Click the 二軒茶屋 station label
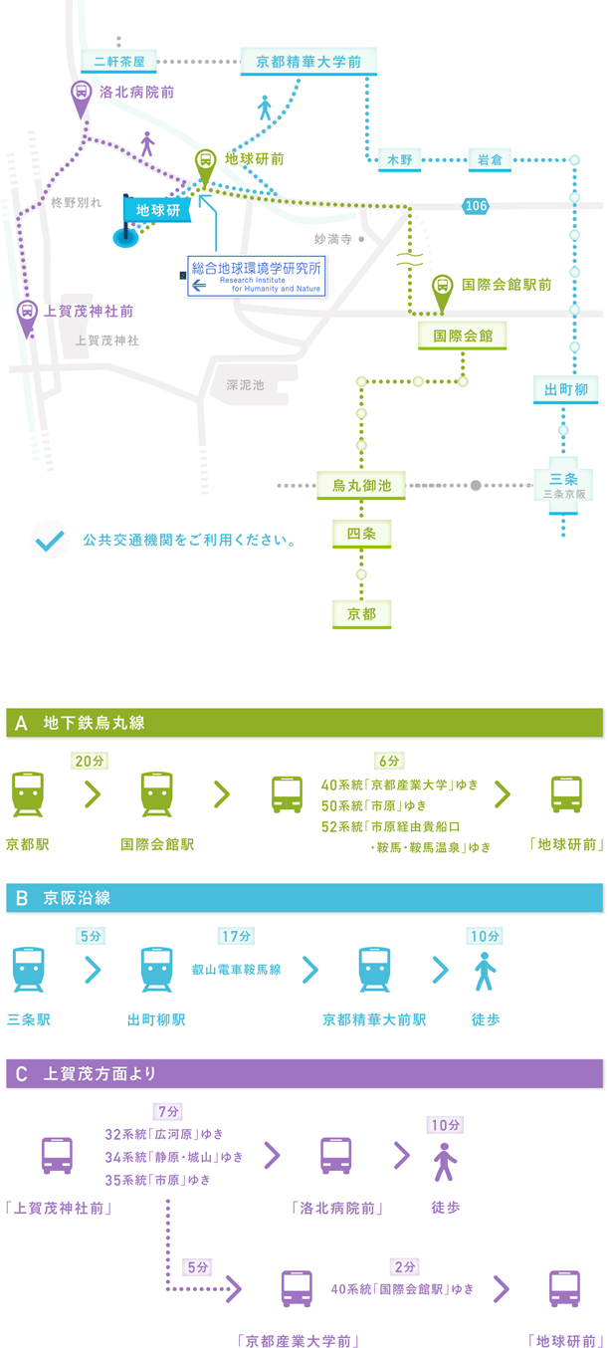pyautogui.click(x=119, y=62)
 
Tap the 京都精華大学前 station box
pyautogui.click(x=308, y=62)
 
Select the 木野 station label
pyautogui.click(x=399, y=159)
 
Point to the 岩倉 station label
pyautogui.click(x=489, y=159)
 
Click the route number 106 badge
pyautogui.click(x=476, y=205)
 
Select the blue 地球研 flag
pyautogui.click(x=155, y=210)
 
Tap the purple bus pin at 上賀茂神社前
pyautogui.click(x=28, y=318)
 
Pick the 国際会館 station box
pyautogui.click(x=463, y=337)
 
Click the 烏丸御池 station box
pyautogui.click(x=354, y=486)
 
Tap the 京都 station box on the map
pyautogui.click(x=362, y=614)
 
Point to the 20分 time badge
pyautogui.click(x=90, y=761)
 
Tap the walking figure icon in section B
pyautogui.click(x=485, y=973)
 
